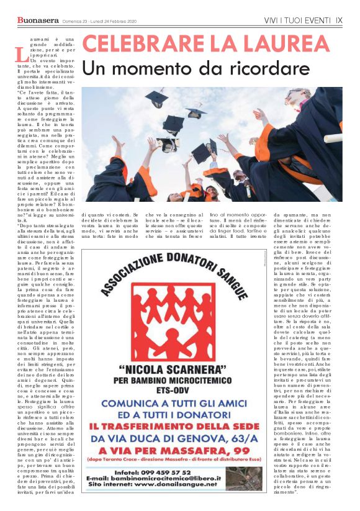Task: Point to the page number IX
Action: tap(339, 20)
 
